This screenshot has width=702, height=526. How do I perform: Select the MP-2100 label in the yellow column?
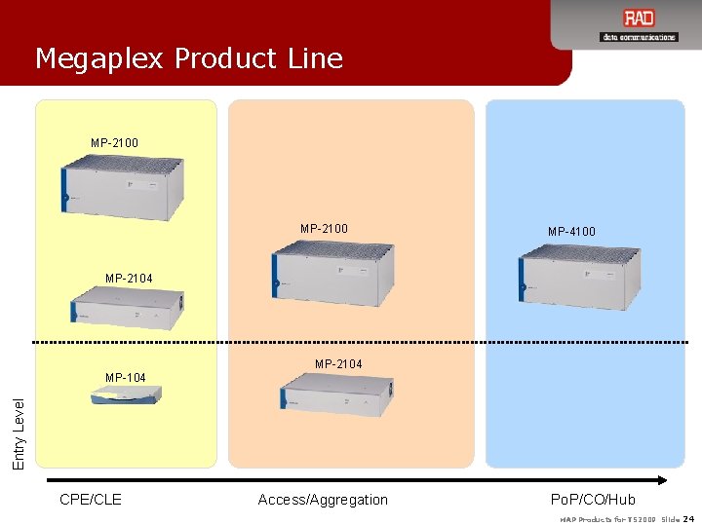[114, 143]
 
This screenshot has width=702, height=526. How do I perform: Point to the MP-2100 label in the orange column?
[324, 229]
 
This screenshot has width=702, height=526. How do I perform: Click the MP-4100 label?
[571, 232]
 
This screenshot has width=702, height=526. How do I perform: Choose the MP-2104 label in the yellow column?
[129, 279]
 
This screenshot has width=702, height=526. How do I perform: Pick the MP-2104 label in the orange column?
[338, 364]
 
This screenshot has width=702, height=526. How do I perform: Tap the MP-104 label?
[125, 377]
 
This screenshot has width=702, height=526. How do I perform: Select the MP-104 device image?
[125, 395]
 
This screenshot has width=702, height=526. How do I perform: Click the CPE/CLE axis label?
[91, 500]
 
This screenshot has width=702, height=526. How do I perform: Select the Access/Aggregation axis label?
[323, 500]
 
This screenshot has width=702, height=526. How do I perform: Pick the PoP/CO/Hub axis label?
[593, 500]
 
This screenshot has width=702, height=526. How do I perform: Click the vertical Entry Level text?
[19, 430]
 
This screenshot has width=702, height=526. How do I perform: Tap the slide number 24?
[689, 518]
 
